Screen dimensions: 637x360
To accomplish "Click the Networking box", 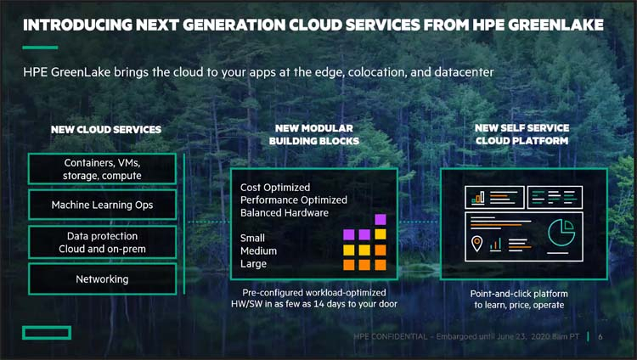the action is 103,279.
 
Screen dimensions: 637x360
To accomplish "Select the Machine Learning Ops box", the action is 103,205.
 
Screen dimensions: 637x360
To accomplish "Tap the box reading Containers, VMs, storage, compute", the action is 103,169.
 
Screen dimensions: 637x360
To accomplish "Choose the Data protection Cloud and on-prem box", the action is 103,243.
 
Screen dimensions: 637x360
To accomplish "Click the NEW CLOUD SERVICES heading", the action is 106,130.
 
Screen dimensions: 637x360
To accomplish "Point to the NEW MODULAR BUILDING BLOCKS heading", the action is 314,134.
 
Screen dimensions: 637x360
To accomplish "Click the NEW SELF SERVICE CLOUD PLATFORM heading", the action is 522,134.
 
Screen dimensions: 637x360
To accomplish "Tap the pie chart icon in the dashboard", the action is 561,233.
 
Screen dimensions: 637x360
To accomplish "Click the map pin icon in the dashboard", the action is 476,244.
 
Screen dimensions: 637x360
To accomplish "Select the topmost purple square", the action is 381,219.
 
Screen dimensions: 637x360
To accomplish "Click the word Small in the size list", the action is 252,238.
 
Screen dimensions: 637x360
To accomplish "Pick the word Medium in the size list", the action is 258,251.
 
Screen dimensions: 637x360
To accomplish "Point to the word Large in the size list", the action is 253,264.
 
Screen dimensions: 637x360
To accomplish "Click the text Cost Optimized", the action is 275,188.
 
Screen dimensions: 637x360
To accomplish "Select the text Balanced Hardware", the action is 285,213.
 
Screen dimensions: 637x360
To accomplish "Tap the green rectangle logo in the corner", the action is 47,333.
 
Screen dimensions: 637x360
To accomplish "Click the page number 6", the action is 600,336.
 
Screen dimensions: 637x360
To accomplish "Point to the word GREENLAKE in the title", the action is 555,25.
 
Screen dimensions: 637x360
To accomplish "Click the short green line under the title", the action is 40,48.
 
